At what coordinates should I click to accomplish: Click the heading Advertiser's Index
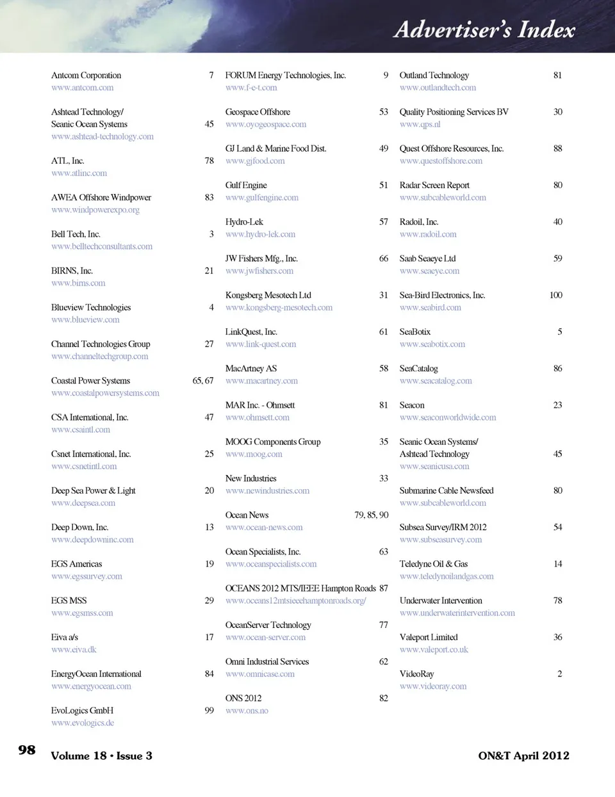pyautogui.click(x=484, y=30)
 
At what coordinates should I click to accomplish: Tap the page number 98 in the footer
pyautogui.click(x=27, y=750)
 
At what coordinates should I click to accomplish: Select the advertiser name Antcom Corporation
pyautogui.click(x=86, y=76)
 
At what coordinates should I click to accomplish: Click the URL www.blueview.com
pyautogui.click(x=85, y=320)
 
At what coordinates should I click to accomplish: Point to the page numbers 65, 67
pyautogui.click(x=203, y=381)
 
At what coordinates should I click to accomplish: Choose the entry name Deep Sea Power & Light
pyautogui.click(x=93, y=491)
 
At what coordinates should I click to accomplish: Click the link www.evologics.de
pyautogui.click(x=83, y=723)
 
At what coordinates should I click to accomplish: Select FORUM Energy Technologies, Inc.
pyautogui.click(x=285, y=76)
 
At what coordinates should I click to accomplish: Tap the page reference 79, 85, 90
pyautogui.click(x=371, y=515)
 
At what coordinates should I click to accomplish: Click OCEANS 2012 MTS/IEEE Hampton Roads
pyautogui.click(x=300, y=588)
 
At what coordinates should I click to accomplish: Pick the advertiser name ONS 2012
pyautogui.click(x=243, y=698)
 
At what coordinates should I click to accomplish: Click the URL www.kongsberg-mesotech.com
pyautogui.click(x=279, y=308)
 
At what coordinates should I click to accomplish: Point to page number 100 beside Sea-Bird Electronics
pyautogui.click(x=555, y=295)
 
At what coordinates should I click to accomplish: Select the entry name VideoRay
pyautogui.click(x=416, y=674)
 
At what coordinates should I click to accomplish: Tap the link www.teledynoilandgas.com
pyautogui.click(x=447, y=577)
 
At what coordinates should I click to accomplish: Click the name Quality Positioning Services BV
pyautogui.click(x=454, y=112)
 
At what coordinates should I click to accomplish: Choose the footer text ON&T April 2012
pyautogui.click(x=523, y=756)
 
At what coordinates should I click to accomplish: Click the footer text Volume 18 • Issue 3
pyautogui.click(x=101, y=756)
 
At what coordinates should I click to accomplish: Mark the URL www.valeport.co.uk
pyautogui.click(x=434, y=650)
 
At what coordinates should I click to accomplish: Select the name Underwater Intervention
pyautogui.click(x=441, y=600)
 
